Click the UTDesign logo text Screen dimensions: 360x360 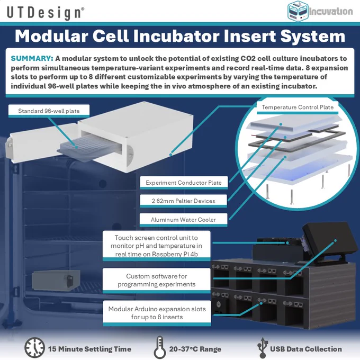tap(46, 13)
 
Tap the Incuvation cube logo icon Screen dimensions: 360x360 tap(298, 11)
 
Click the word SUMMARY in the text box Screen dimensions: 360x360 tap(32, 58)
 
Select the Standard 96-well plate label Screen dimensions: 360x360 tap(49, 111)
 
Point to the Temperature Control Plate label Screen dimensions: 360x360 tap(298, 107)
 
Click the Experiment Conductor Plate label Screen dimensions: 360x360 tap(184, 183)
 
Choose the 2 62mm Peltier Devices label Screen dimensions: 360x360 tap(184, 201)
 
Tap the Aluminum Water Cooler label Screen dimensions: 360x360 tap(184, 220)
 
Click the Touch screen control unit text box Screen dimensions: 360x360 tap(156, 246)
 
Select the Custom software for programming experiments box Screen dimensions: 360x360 tap(156, 281)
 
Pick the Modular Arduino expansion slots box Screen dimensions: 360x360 tap(157, 313)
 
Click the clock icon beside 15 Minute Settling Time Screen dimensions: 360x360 tap(34, 348)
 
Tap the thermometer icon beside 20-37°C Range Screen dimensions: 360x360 tap(160, 348)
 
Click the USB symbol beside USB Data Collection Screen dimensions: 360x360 tap(263, 348)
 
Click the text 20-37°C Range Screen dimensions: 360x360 tap(195, 349)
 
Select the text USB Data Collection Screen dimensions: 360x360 tap(306, 349)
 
